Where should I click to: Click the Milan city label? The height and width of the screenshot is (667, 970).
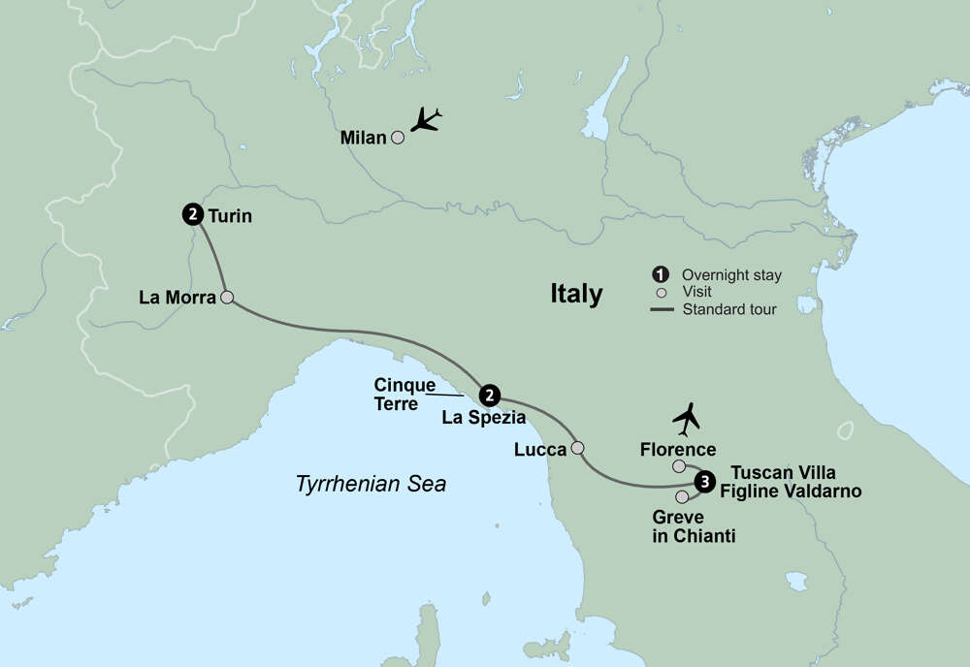[363, 138]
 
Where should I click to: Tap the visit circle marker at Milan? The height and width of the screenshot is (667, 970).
[397, 138]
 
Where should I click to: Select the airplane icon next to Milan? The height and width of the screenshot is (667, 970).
[426, 120]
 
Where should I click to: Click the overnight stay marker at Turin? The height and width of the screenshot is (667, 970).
[192, 215]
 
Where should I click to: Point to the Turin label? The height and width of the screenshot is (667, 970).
[230, 216]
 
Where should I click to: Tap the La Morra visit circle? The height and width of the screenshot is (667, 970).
[227, 298]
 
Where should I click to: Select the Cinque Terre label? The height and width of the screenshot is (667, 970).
[404, 393]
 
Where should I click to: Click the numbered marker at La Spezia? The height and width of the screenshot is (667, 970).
[490, 395]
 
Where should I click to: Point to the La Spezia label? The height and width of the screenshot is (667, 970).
[483, 419]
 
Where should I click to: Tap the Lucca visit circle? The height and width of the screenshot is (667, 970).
[578, 448]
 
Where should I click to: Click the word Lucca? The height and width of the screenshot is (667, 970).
[541, 449]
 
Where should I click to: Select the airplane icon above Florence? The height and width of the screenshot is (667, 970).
[687, 419]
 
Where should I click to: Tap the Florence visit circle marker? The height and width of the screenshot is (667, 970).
[679, 467]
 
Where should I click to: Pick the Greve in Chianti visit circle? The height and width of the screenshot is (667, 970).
[682, 497]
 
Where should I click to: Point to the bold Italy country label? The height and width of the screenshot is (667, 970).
[576, 294]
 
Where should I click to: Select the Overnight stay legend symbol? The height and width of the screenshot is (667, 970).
[661, 274]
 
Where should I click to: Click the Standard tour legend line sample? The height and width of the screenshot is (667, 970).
[661, 310]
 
